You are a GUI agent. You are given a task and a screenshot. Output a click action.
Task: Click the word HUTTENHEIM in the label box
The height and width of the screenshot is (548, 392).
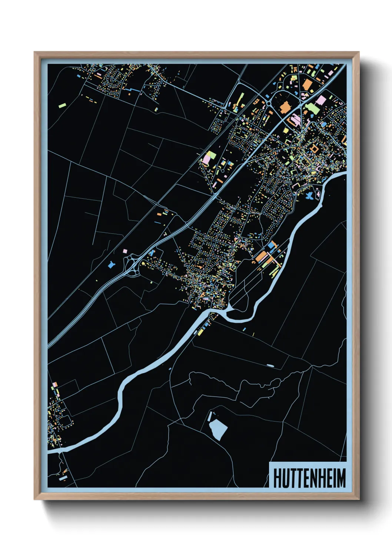click(x=309, y=478)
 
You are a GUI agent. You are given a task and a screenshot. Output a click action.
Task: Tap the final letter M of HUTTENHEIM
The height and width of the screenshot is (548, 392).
click(x=341, y=478)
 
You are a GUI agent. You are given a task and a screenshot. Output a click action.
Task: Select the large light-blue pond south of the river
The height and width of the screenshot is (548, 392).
click(x=218, y=430)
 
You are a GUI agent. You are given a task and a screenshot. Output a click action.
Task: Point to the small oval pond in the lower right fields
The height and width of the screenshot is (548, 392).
click(x=270, y=366)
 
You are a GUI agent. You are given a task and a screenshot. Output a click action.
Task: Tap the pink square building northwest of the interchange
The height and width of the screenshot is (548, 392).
click(x=125, y=251)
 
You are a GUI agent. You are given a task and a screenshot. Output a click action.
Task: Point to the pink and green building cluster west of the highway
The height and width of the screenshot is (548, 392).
click(x=208, y=157)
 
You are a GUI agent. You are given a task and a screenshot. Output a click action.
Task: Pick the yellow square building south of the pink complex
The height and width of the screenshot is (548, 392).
click(x=286, y=130)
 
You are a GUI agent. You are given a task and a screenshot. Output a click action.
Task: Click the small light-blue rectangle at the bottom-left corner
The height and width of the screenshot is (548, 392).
click(x=63, y=478)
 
